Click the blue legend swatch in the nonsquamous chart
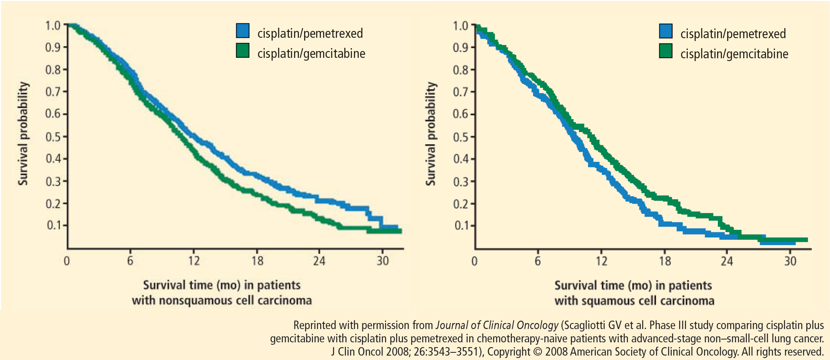(x=243, y=31)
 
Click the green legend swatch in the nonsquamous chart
(x=243, y=51)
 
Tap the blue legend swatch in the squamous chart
(x=666, y=31)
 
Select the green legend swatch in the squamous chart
(x=666, y=51)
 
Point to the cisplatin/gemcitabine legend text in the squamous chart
(x=734, y=54)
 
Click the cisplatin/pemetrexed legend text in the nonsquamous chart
(x=310, y=33)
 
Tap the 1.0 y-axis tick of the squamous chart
(x=460, y=26)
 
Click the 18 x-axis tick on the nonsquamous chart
(x=257, y=261)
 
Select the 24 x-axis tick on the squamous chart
(x=727, y=262)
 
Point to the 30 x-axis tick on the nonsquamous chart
(x=382, y=261)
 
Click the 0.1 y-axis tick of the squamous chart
(x=462, y=225)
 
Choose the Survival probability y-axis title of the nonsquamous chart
(x=23, y=133)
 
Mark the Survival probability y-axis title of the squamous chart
(x=431, y=133)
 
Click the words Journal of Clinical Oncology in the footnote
(x=497, y=325)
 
